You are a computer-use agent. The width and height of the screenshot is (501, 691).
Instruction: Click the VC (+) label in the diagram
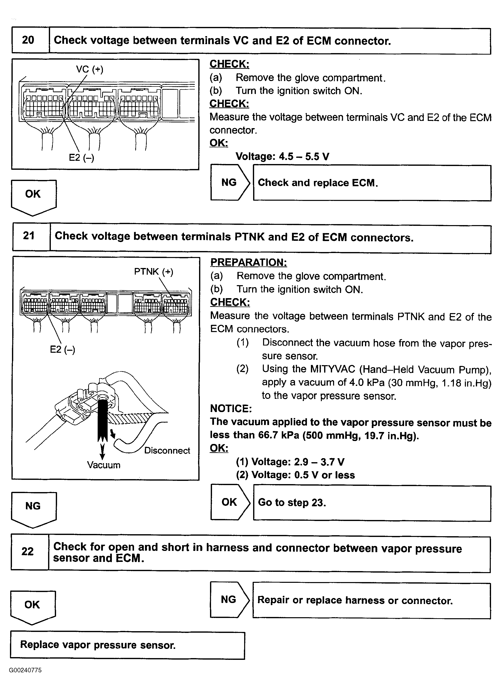click(89, 70)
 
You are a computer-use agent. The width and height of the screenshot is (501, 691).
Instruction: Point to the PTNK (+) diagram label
click(153, 271)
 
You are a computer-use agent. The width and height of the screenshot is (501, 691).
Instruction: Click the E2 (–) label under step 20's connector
click(81, 158)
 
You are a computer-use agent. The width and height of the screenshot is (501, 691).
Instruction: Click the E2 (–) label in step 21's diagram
click(63, 349)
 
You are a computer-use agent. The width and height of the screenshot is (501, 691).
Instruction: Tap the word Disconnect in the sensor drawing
click(167, 450)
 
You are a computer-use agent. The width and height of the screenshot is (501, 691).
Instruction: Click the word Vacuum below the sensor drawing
click(104, 465)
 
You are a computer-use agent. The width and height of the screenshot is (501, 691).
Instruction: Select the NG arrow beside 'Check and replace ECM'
click(230, 182)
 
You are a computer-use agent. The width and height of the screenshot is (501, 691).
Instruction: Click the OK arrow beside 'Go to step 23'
click(230, 502)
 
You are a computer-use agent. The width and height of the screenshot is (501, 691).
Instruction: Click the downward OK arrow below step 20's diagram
click(33, 196)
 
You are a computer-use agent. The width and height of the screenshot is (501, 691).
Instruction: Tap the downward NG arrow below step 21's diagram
click(33, 509)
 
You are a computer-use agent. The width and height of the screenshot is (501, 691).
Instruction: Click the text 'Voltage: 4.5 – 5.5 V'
click(282, 157)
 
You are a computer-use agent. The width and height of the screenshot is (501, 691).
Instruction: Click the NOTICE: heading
click(231, 409)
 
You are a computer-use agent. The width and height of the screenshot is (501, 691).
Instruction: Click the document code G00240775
click(25, 670)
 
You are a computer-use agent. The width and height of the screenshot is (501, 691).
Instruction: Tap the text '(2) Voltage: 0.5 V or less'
click(295, 475)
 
